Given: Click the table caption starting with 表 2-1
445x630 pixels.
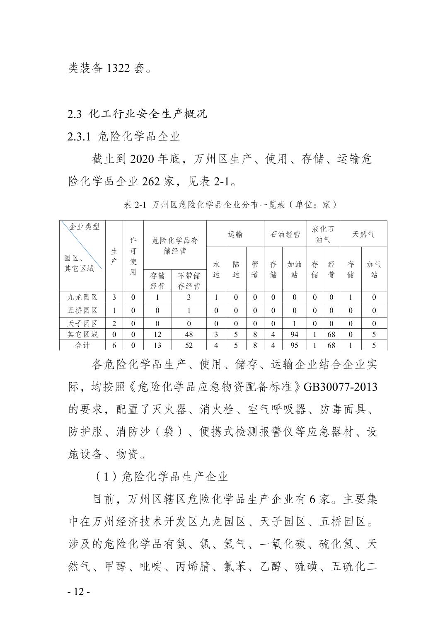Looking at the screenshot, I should coord(230,205).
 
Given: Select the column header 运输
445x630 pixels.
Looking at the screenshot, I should coord(235,235).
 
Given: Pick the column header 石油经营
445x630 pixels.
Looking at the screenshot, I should coord(285,235).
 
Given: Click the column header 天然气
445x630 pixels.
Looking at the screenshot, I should coord(363,235).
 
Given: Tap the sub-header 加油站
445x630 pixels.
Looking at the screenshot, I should coord(294,269).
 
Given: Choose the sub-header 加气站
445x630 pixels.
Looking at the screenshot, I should coord(374,269).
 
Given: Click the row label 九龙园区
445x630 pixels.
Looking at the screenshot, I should coord(82,297).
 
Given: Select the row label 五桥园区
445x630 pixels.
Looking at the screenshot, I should coord(82,310).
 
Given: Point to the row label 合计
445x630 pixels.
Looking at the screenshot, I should coord(82,345).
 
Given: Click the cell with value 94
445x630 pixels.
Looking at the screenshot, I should coord(294,334).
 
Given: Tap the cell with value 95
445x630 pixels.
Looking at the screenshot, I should coord(294,345).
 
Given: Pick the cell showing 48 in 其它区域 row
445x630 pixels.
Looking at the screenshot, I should coord(189,334).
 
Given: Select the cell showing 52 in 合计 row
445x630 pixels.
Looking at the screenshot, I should coord(189,345).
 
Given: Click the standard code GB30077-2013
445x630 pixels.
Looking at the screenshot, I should coord(341,387).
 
